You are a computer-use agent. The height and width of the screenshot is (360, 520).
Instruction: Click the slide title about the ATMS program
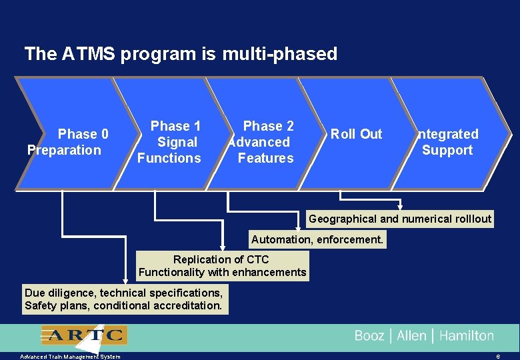click(181, 53)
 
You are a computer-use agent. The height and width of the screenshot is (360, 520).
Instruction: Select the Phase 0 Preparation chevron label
click(65, 142)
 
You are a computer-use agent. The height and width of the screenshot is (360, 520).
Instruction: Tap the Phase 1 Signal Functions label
click(169, 142)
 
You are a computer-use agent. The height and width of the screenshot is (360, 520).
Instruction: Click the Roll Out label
click(357, 134)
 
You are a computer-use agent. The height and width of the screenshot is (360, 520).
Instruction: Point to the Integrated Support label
click(447, 142)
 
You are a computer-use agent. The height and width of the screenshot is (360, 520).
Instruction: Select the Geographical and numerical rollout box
click(400, 219)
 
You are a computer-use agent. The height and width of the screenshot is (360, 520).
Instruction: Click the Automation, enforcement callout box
click(317, 239)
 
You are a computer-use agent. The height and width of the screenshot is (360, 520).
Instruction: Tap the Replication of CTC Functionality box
click(222, 265)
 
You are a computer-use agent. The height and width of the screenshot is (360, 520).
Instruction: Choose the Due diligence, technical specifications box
click(124, 299)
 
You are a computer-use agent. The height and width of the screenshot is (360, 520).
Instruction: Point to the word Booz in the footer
click(369, 336)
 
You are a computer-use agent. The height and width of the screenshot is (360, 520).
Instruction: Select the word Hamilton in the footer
click(467, 336)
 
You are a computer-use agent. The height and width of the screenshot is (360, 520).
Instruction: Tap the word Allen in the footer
click(411, 336)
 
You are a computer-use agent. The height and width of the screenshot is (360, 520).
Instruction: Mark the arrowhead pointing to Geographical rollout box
click(401, 207)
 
